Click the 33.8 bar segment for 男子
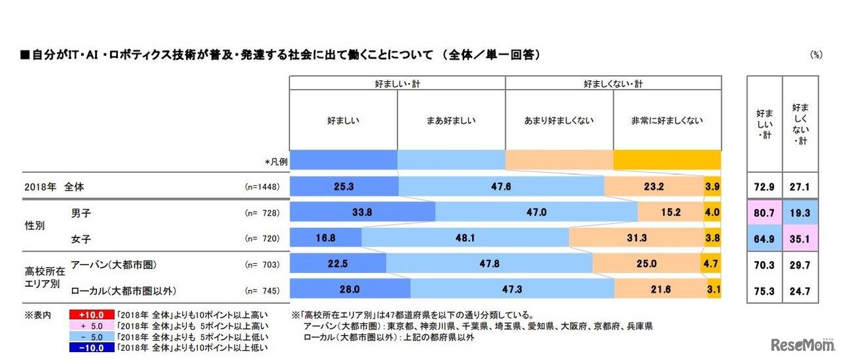[x=362, y=212]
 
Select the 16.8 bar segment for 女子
[x=326, y=237]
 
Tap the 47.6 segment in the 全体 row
[x=501, y=187]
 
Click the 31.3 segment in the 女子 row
[x=636, y=237]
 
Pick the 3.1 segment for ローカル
[x=714, y=289]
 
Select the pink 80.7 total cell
[x=764, y=212]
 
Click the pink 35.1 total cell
[x=800, y=237]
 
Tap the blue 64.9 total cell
[x=764, y=237]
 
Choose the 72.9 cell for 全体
[x=764, y=187]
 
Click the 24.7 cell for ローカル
[x=800, y=289]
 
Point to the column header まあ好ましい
[x=451, y=121]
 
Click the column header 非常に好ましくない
[x=667, y=121]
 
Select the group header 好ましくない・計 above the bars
[x=613, y=83]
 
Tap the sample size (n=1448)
[x=262, y=187]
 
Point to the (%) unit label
[x=816, y=55]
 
